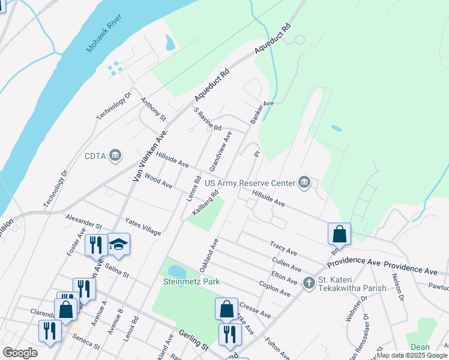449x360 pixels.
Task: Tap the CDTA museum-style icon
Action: pyautogui.click(x=116, y=157)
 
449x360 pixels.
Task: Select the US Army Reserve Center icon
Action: pyautogui.click(x=305, y=182)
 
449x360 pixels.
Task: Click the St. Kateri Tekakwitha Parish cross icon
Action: pyautogui.click(x=309, y=283)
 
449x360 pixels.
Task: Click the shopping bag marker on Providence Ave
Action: pyautogui.click(x=339, y=234)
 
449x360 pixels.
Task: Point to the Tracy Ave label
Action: pyautogui.click(x=284, y=247)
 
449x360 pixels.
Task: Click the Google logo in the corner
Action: pyautogui.click(x=20, y=353)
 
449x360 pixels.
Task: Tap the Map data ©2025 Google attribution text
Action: pyautogui.click(x=412, y=355)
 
